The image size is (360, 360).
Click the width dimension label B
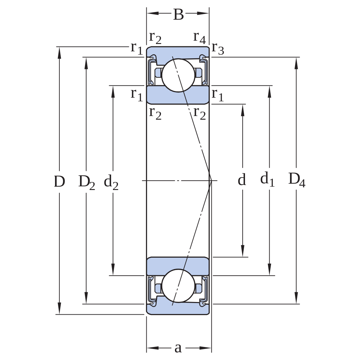pos(178,14)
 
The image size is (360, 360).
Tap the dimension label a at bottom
pos(178,348)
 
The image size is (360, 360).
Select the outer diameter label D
pos(59,181)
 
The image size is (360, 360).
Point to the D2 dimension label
pos(87,182)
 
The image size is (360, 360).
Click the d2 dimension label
pos(111,182)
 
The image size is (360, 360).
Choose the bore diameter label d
pos(242,179)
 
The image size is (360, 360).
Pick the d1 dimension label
pos(267,179)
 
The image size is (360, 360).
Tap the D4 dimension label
pos(297,180)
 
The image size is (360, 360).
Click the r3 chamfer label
pos(218,49)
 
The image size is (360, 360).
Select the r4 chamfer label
pos(200,37)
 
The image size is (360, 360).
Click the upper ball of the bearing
pos(178,75)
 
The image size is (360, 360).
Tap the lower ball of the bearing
pos(178,286)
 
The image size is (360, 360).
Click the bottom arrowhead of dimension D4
pos(296,298)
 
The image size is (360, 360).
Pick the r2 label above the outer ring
pos(155,37)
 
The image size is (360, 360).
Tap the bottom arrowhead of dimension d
pos(243,251)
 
